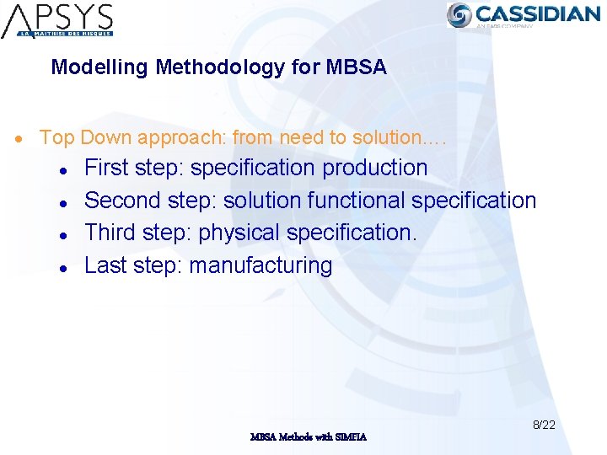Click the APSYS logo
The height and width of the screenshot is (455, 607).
click(57, 20)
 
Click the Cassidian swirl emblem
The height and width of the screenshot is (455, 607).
click(460, 14)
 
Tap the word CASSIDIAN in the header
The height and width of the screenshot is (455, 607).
click(537, 13)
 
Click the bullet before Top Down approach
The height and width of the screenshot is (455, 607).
click(28, 137)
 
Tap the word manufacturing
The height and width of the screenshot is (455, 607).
click(261, 265)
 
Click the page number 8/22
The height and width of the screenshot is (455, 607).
click(543, 425)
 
